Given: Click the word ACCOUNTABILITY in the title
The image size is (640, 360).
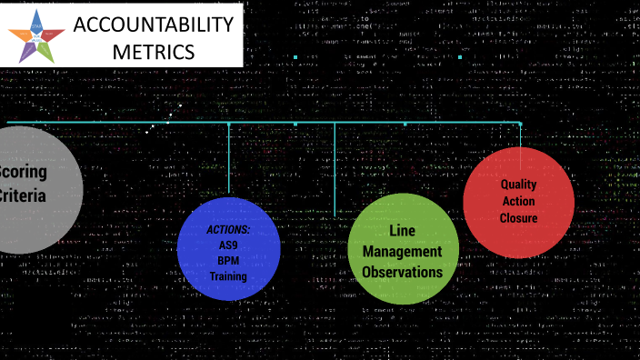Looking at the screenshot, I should (x=153, y=25).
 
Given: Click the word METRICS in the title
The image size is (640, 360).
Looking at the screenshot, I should (x=153, y=51).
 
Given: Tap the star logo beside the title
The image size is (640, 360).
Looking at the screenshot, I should (x=36, y=35).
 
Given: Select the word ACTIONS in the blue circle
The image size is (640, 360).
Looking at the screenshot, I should (x=227, y=230).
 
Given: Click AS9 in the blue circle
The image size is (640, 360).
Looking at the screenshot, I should (x=227, y=245).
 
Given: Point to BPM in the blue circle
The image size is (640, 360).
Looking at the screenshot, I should (x=227, y=261).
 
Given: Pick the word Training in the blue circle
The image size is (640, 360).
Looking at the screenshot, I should (x=227, y=276).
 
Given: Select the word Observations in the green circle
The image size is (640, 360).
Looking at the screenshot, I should (x=402, y=272).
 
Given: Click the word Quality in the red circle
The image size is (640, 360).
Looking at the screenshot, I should (x=518, y=185).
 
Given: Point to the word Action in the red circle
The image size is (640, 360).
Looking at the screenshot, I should (x=518, y=201).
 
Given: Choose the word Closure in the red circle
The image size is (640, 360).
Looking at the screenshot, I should (x=518, y=218).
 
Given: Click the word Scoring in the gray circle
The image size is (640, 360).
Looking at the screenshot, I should (x=24, y=172).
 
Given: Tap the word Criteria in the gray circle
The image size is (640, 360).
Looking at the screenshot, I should (x=24, y=195).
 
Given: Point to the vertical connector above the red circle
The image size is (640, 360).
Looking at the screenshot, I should (x=520, y=135).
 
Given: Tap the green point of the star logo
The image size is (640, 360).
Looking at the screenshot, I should (x=46, y=53).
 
